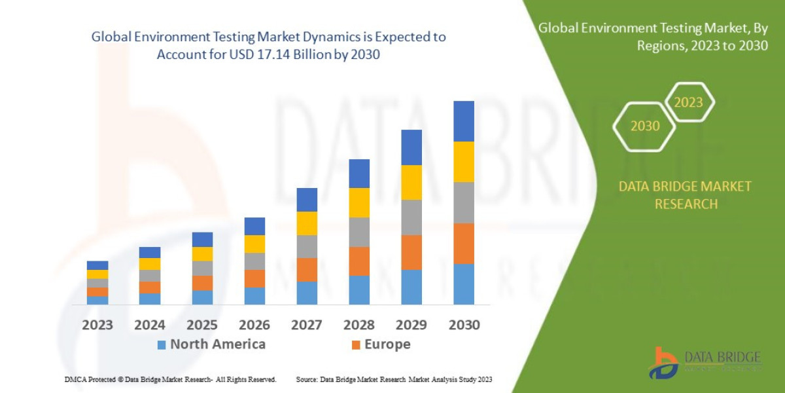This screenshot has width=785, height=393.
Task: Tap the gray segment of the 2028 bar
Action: coord(359,232)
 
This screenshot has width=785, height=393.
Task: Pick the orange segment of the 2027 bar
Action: coord(307,269)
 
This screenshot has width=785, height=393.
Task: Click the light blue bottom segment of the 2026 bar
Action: coord(254,296)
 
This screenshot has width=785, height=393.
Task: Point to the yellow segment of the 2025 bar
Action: coord(202,253)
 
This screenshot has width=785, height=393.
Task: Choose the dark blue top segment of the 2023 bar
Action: coord(97,265)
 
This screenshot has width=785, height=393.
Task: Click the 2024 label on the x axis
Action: coord(150,325)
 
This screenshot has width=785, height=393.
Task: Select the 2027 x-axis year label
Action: coord(307,325)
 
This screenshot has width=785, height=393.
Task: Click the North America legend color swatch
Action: coord(162,345)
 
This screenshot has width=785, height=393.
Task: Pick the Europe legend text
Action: coord(387,345)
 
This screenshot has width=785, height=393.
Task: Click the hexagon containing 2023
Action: coord(688,102)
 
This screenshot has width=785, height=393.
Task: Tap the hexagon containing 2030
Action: coord(644,126)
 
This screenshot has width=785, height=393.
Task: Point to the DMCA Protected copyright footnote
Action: coord(170,379)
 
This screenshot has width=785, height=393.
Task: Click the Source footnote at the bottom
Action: coord(394,379)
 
